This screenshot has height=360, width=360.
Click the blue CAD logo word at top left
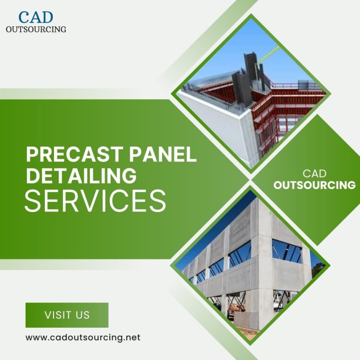36,17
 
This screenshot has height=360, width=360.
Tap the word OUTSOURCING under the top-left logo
36,29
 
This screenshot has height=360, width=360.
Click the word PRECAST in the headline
73,154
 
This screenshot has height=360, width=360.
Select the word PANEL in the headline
162,154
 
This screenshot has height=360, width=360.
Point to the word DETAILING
81,175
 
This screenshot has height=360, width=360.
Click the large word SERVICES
95,201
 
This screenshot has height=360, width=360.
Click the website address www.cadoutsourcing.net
83,337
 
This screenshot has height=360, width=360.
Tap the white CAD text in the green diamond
314,174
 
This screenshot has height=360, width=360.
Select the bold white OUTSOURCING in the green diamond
314,185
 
